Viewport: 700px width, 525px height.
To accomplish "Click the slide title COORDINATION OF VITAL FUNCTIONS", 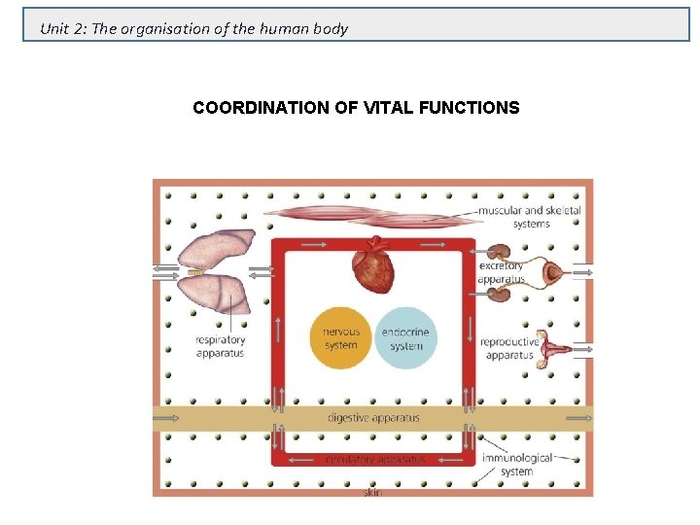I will click(x=356, y=108).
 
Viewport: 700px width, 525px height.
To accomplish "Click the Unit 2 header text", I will click(x=193, y=28).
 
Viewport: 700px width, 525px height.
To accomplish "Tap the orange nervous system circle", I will click(x=340, y=338).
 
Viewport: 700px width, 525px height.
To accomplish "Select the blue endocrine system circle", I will click(x=405, y=338).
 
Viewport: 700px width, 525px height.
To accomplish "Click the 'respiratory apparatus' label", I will click(x=220, y=346).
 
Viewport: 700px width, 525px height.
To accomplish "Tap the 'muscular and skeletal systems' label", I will click(x=530, y=217).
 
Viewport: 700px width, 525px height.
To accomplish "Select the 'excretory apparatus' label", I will click(x=502, y=272).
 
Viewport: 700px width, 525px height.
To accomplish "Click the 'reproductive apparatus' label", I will click(x=510, y=348).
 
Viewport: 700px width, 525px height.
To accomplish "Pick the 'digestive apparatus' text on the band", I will click(x=373, y=418).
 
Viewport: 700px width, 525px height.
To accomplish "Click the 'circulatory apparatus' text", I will click(x=374, y=458).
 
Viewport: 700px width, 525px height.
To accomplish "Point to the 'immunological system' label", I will click(x=516, y=464).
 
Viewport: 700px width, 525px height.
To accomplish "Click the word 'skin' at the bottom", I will click(x=372, y=493).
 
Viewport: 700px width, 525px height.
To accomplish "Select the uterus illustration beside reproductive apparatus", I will click(x=555, y=347).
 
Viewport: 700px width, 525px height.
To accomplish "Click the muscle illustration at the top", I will click(x=369, y=216).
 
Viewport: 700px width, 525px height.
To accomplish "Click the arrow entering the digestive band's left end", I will click(x=166, y=418).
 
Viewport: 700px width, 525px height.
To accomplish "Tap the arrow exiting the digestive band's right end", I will click(x=579, y=418).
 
